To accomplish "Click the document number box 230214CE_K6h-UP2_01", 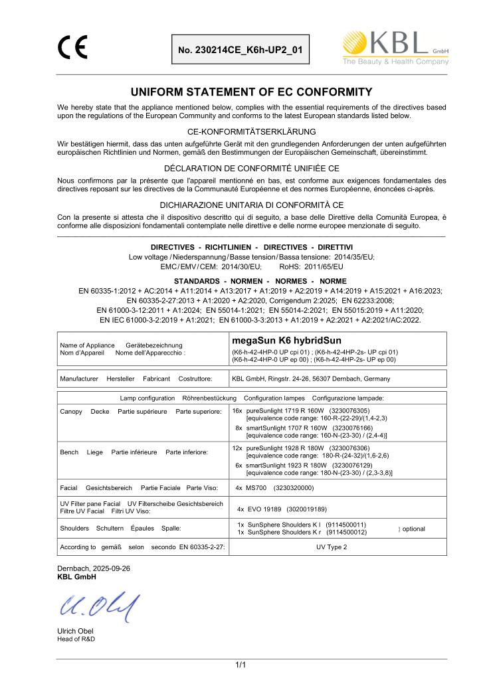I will (241, 49).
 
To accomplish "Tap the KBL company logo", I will (395, 48).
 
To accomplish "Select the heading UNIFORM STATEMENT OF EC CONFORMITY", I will (241, 92).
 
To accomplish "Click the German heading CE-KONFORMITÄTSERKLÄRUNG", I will (241, 131).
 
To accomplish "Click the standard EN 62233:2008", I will (395, 300).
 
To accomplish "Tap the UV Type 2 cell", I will (336, 547).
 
